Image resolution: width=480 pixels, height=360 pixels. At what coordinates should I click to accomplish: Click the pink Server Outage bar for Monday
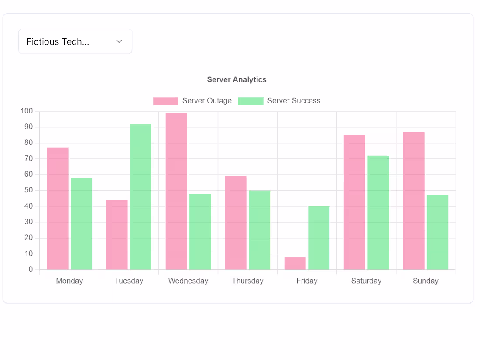pyautogui.click(x=58, y=209)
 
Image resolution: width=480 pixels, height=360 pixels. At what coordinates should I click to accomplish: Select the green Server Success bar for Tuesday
pyautogui.click(x=141, y=197)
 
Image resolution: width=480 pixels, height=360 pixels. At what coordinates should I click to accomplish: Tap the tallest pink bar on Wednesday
pyautogui.click(x=176, y=191)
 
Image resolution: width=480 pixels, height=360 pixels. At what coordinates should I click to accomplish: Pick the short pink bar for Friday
pyautogui.click(x=295, y=263)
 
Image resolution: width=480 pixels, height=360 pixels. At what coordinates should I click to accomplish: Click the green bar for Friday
pyautogui.click(x=319, y=238)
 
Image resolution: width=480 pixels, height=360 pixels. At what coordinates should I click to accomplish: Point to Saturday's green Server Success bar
pyautogui.click(x=378, y=213)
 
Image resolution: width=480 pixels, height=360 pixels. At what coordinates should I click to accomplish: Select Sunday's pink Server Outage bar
pyautogui.click(x=414, y=201)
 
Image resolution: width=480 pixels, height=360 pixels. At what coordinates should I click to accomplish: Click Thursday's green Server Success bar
pyautogui.click(x=260, y=230)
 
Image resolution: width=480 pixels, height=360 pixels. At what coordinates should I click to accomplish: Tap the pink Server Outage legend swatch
pyautogui.click(x=166, y=101)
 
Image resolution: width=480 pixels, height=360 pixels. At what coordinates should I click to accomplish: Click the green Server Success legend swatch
pyautogui.click(x=251, y=101)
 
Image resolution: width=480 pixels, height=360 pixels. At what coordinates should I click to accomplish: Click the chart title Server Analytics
pyautogui.click(x=237, y=79)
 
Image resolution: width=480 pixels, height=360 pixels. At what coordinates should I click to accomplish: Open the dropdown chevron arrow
pyautogui.click(x=119, y=41)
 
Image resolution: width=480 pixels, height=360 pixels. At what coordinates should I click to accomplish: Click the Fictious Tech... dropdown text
pyautogui.click(x=58, y=41)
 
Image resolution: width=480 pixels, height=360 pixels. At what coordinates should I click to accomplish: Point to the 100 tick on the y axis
pyautogui.click(x=27, y=111)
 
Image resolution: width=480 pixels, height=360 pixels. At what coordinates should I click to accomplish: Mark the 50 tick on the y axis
pyautogui.click(x=28, y=190)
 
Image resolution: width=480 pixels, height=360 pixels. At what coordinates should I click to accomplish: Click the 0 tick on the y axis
pyautogui.click(x=31, y=269)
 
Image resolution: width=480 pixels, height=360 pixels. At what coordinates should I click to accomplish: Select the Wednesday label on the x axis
pyautogui.click(x=188, y=281)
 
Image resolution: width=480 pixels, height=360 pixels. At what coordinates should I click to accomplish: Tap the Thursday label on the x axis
pyautogui.click(x=248, y=281)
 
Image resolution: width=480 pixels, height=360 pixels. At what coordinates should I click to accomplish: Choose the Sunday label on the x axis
pyautogui.click(x=425, y=281)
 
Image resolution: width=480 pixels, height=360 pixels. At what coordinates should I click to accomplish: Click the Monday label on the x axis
pyautogui.click(x=69, y=281)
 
